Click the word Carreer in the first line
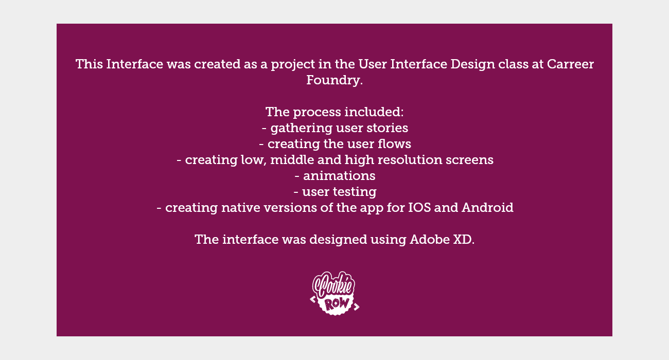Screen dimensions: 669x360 (x=570, y=64)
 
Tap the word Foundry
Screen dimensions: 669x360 (x=334, y=81)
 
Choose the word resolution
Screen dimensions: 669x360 (x=410, y=160)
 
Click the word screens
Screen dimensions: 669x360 (x=469, y=160)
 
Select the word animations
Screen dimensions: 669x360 (x=339, y=176)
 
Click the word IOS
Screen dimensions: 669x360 (x=419, y=207)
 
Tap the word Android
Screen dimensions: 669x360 (x=487, y=207)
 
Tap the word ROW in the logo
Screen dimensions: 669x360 (x=337, y=304)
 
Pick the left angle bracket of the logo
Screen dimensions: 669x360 (x=313, y=299)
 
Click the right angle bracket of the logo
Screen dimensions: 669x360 (x=356, y=307)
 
